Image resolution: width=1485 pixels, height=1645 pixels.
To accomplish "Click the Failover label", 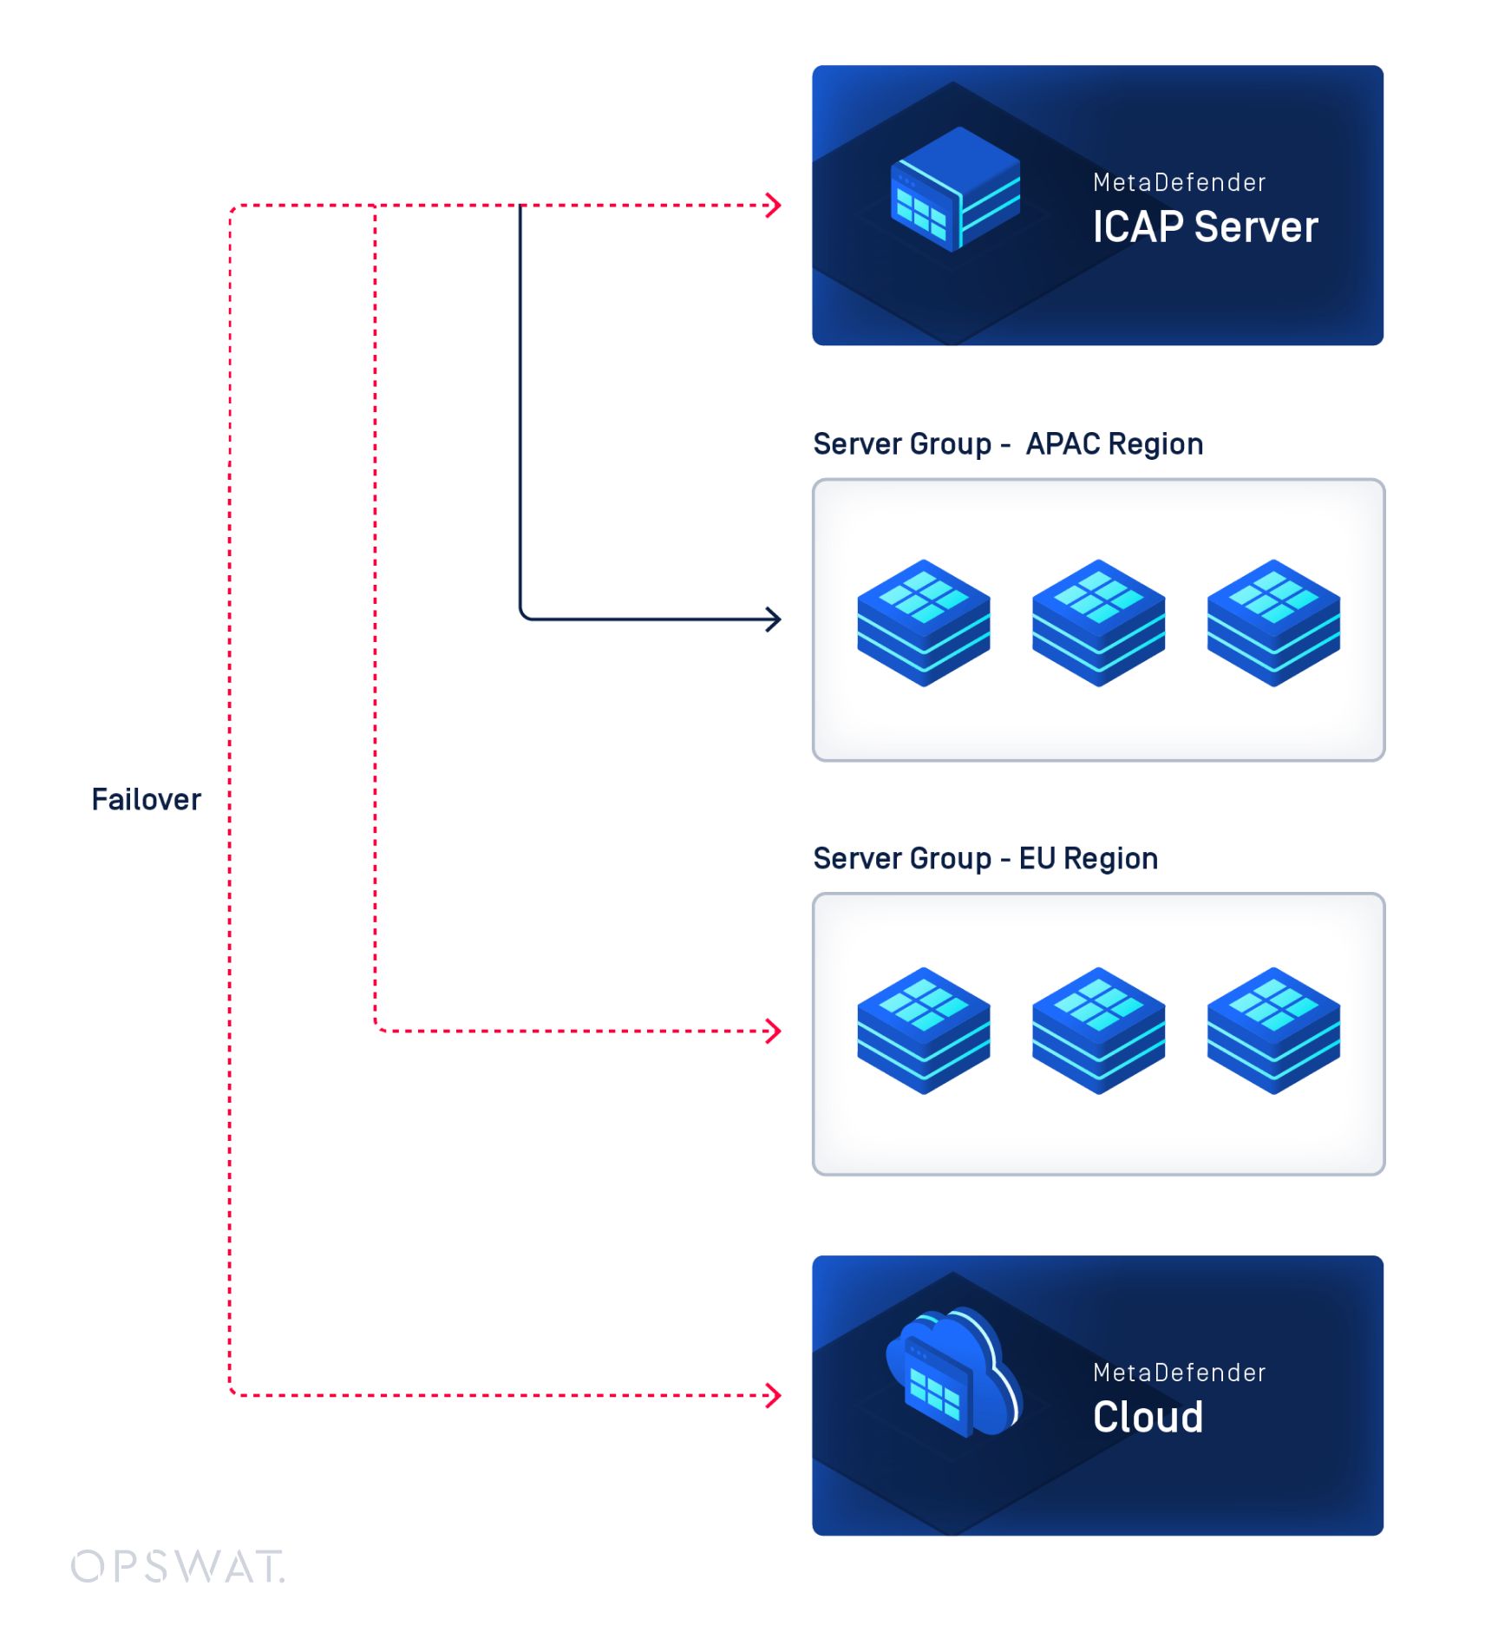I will coord(146,799).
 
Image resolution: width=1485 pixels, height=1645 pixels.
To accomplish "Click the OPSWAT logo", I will coord(178,1566).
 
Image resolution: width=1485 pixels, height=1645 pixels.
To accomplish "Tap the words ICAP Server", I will coord(1204,227).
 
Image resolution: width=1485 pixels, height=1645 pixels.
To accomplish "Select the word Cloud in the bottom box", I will coord(1147,1417).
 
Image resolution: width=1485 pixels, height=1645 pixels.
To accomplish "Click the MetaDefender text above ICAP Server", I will coord(1179,182).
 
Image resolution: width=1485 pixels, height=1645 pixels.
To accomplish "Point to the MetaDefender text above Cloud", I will coord(1179,1372).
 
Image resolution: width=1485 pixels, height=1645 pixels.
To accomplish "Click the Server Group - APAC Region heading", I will coord(1007,444).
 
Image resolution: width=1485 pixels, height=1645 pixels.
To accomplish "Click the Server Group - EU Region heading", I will coord(985,858).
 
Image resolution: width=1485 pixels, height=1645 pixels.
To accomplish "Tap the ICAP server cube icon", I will coord(955,189).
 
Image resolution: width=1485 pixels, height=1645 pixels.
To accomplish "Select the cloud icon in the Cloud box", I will coord(953,1373).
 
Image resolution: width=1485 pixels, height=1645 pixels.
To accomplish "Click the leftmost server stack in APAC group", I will coord(923,623).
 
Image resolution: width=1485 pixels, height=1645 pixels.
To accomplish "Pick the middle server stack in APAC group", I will coord(1098,623).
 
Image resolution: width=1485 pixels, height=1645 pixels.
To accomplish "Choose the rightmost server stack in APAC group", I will coord(1272,623).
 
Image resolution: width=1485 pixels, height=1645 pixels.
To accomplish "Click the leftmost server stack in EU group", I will coord(923,1031).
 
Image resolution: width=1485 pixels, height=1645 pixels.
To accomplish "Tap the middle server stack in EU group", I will coord(1098,1031).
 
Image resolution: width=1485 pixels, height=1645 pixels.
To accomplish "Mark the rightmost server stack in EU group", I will coord(1272,1031).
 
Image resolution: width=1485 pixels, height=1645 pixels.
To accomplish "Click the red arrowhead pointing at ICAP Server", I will coord(774,206).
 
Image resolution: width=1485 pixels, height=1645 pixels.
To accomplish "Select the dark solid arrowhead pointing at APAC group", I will coord(774,619).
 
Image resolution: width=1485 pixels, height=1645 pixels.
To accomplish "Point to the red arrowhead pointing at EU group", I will coord(774,1031).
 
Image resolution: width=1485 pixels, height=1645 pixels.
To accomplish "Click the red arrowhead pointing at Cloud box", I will coord(774,1395).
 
